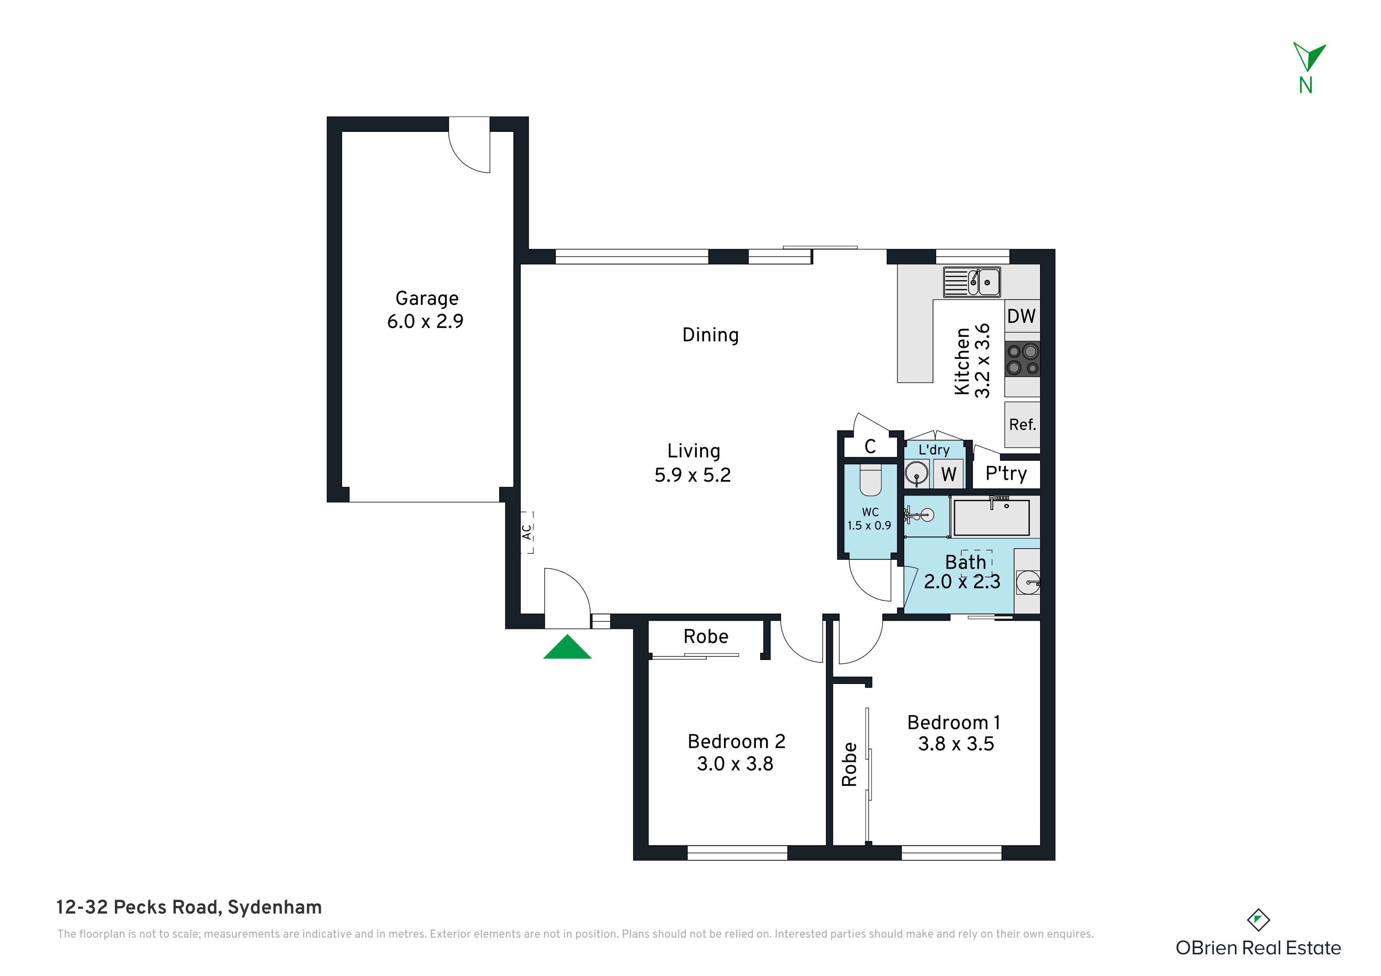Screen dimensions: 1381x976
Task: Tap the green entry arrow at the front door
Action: tap(567, 648)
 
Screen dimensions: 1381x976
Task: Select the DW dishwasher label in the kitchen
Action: tap(1021, 316)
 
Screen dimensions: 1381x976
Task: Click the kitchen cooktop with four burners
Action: tap(1022, 359)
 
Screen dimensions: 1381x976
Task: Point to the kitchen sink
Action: tap(972, 282)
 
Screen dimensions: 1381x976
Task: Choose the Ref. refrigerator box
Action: tap(1022, 425)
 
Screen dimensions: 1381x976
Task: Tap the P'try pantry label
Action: tap(1006, 474)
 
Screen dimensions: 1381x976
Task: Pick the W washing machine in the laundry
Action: tap(948, 474)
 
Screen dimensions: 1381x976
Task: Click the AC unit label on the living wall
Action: tap(527, 532)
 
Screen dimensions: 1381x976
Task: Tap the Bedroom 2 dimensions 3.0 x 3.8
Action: tap(735, 764)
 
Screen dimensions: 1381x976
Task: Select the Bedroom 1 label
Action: tap(954, 722)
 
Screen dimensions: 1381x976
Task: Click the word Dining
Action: tap(710, 335)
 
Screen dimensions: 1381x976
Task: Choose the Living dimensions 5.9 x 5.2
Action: tap(692, 475)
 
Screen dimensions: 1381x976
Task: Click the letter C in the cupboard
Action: tap(870, 446)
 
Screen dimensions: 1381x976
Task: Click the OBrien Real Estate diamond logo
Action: tap(1258, 920)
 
